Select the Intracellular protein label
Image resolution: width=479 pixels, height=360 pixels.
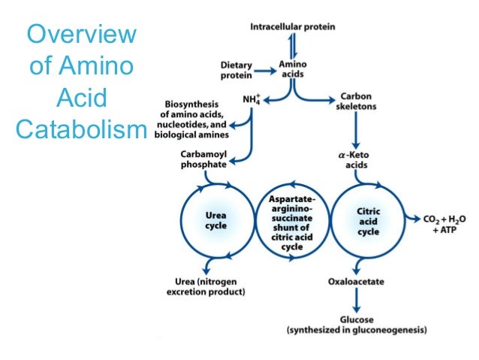pos(293,27)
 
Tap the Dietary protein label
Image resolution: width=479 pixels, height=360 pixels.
pos(234,70)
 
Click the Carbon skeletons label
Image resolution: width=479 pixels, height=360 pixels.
pos(358,101)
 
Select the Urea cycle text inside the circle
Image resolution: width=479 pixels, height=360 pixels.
pos(216,220)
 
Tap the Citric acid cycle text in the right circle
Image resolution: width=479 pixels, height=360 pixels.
pos(368,222)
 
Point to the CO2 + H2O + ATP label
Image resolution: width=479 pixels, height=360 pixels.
pos(445,222)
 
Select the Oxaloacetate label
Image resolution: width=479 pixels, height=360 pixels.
pos(357,282)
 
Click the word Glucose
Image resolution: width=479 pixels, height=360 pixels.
pos(356,320)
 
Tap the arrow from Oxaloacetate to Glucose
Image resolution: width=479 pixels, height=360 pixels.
pos(356,300)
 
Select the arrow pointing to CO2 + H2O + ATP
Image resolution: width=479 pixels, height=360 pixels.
pos(411,219)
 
